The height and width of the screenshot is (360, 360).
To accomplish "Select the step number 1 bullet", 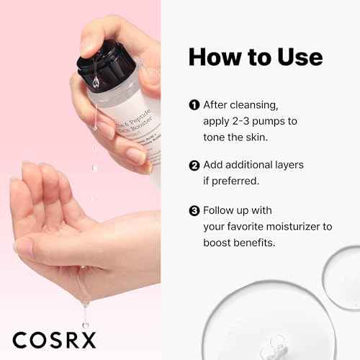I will point(193,105).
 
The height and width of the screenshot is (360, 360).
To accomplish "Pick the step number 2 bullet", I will point(193,165).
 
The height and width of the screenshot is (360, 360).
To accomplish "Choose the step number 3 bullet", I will point(193,211).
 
